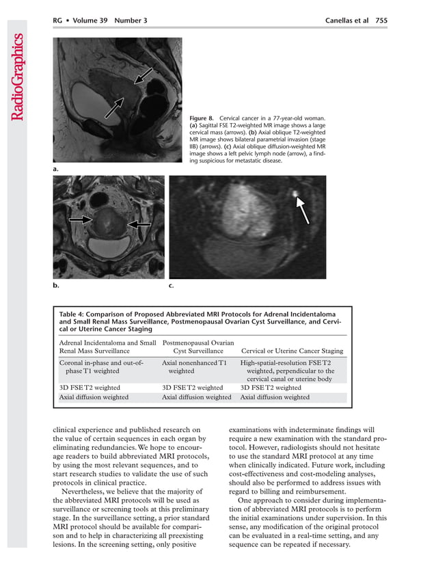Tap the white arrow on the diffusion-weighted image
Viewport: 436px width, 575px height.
[x=302, y=206]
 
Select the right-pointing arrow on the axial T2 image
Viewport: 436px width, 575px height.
[x=80, y=219]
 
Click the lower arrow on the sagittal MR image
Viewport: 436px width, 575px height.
[x=113, y=107]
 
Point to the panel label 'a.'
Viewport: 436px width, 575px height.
[x=56, y=168]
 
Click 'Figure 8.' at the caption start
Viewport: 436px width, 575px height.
[x=204, y=119]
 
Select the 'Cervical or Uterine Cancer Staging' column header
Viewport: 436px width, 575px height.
[x=292, y=351]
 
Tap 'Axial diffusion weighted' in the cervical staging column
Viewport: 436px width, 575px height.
[x=275, y=397]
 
